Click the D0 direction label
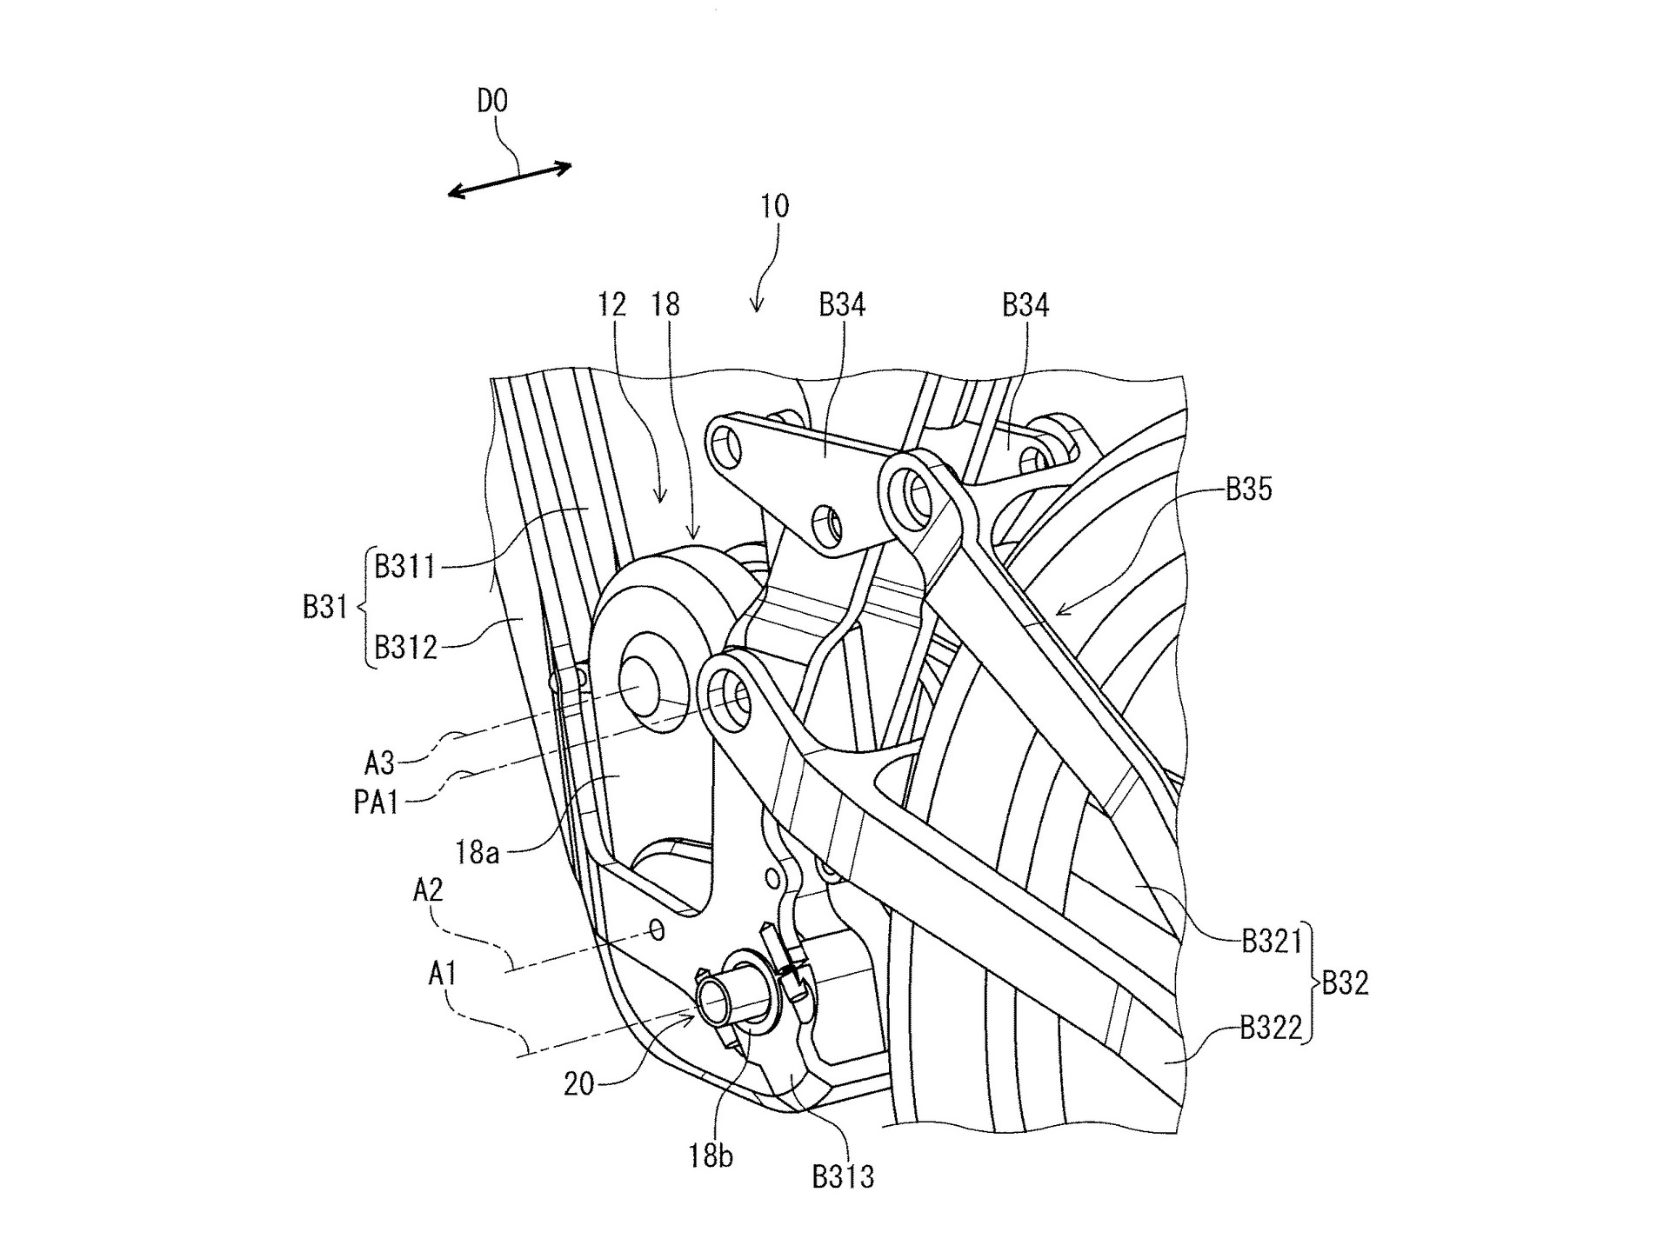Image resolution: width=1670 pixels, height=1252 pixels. pyautogui.click(x=492, y=102)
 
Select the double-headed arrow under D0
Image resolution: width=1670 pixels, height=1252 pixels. pyautogui.click(x=510, y=180)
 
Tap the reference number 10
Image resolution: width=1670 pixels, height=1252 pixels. pyautogui.click(x=774, y=206)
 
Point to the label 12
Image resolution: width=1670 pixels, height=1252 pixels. pyautogui.click(x=612, y=304)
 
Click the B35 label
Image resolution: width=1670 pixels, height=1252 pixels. pyautogui.click(x=1249, y=489)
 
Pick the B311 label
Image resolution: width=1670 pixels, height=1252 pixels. pyautogui.click(x=404, y=567)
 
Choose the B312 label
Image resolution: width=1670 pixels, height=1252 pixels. pyautogui.click(x=405, y=647)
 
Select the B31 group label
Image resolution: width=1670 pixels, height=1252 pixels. pyautogui.click(x=325, y=607)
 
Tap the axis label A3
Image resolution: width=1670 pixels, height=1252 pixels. pyautogui.click(x=380, y=763)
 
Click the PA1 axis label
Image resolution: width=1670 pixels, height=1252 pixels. pyautogui.click(x=376, y=802)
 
